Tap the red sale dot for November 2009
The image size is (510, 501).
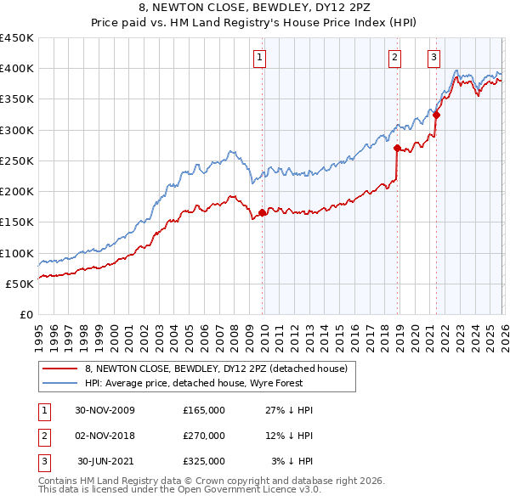[x=262, y=213]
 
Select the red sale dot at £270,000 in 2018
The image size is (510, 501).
[x=397, y=148]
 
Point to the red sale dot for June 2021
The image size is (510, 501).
[x=437, y=115]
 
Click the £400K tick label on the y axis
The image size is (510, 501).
[x=17, y=69]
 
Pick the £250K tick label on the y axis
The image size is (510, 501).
[x=17, y=160]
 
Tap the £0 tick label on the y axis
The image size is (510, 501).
[x=26, y=314]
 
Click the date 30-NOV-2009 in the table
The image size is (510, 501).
[x=105, y=410]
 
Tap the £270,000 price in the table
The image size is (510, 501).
[x=203, y=436]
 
